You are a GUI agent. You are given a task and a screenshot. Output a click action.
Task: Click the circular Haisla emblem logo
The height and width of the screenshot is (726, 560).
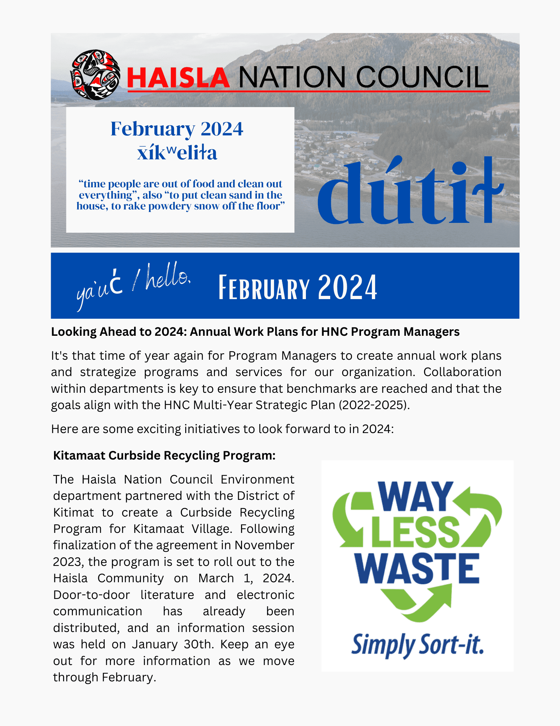95,75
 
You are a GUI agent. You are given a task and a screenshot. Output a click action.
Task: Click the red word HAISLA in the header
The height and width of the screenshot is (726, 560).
178,78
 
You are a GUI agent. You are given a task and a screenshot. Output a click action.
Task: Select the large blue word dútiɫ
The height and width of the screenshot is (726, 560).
410,192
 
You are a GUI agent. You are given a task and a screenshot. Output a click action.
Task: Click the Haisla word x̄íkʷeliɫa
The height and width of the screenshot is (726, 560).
177,152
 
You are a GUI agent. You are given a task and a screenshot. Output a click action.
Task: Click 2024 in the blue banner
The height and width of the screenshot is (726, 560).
348,288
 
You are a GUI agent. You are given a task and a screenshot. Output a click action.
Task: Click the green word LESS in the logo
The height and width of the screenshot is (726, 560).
416,532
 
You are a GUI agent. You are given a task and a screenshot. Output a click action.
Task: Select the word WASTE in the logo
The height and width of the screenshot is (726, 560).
417,569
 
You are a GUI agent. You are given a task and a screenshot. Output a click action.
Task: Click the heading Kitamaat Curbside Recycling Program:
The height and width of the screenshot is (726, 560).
164,455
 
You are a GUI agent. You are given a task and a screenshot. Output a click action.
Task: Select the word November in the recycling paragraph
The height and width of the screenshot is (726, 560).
264,545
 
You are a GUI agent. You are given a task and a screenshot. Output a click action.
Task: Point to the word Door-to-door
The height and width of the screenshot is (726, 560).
91,595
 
